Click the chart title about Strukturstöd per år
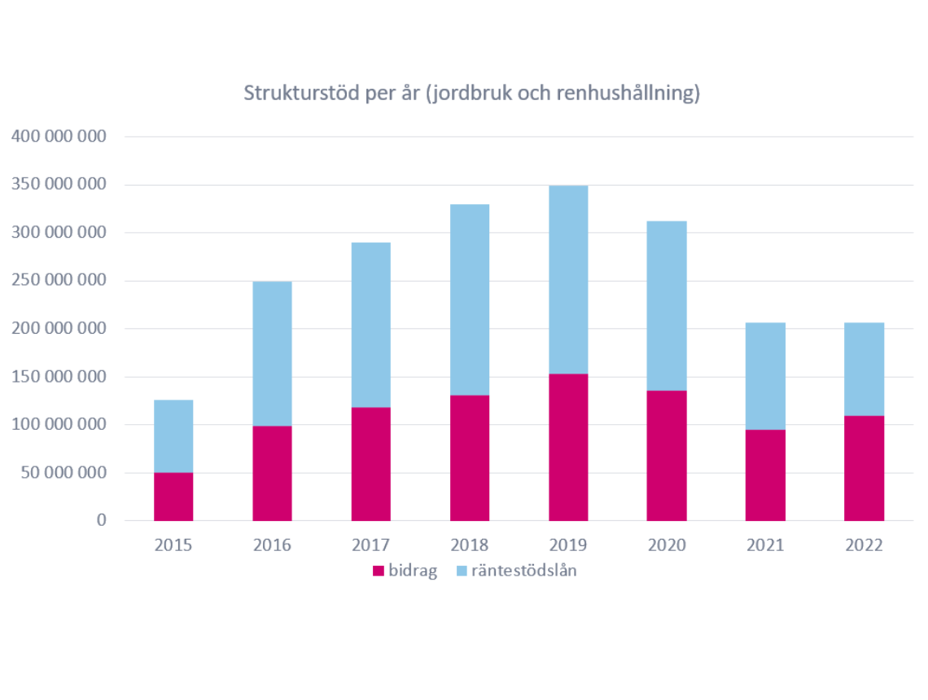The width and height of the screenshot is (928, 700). point(472,94)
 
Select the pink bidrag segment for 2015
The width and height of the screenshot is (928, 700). point(173,497)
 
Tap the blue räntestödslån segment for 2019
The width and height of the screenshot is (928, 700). point(568,279)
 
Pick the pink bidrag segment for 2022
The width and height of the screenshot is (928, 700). point(864,468)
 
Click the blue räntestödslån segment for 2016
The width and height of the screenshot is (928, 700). point(272,353)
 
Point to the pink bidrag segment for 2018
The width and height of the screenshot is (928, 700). point(470,457)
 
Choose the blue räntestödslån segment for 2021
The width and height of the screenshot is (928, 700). point(765,376)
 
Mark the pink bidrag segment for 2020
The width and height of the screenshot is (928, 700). point(667,456)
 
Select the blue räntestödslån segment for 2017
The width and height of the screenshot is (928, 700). point(371,325)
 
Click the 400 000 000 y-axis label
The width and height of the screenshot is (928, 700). point(59,136)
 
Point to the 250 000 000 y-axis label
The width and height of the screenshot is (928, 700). point(59,281)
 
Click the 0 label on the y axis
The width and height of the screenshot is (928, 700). point(102,520)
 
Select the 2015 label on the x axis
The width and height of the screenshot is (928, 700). point(173,545)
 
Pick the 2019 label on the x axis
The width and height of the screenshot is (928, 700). point(568,545)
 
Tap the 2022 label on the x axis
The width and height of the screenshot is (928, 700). point(864,545)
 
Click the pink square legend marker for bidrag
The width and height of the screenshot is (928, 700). point(378,571)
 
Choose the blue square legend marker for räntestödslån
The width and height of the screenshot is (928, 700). point(462,571)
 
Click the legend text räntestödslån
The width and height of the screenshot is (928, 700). point(524,571)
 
